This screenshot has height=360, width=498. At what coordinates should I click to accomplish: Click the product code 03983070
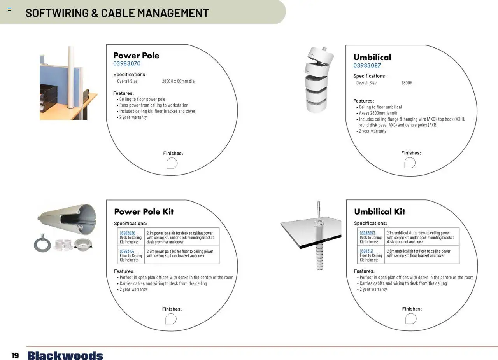127,64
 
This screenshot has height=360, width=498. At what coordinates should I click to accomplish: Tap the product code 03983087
367,66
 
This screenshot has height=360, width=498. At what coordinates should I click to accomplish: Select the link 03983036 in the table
127,233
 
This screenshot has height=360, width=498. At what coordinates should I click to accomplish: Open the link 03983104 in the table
127,252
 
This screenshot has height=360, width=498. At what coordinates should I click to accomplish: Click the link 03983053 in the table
367,233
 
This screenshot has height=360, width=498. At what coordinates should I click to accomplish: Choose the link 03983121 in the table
366,252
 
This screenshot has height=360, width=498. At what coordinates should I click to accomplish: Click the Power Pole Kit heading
144,212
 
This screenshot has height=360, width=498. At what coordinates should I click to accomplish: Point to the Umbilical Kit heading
379,212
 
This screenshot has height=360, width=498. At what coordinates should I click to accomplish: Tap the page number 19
15,356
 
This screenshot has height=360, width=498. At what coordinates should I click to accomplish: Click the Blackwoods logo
65,356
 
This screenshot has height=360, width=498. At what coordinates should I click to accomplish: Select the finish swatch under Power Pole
172,163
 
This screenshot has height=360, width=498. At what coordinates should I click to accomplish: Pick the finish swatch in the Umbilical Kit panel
411,319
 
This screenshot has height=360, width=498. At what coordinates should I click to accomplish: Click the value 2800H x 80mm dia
178,81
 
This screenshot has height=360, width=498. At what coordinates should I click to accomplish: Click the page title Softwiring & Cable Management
117,13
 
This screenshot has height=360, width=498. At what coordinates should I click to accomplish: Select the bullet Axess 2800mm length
378,113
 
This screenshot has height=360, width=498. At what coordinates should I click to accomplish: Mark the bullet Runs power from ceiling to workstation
154,105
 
